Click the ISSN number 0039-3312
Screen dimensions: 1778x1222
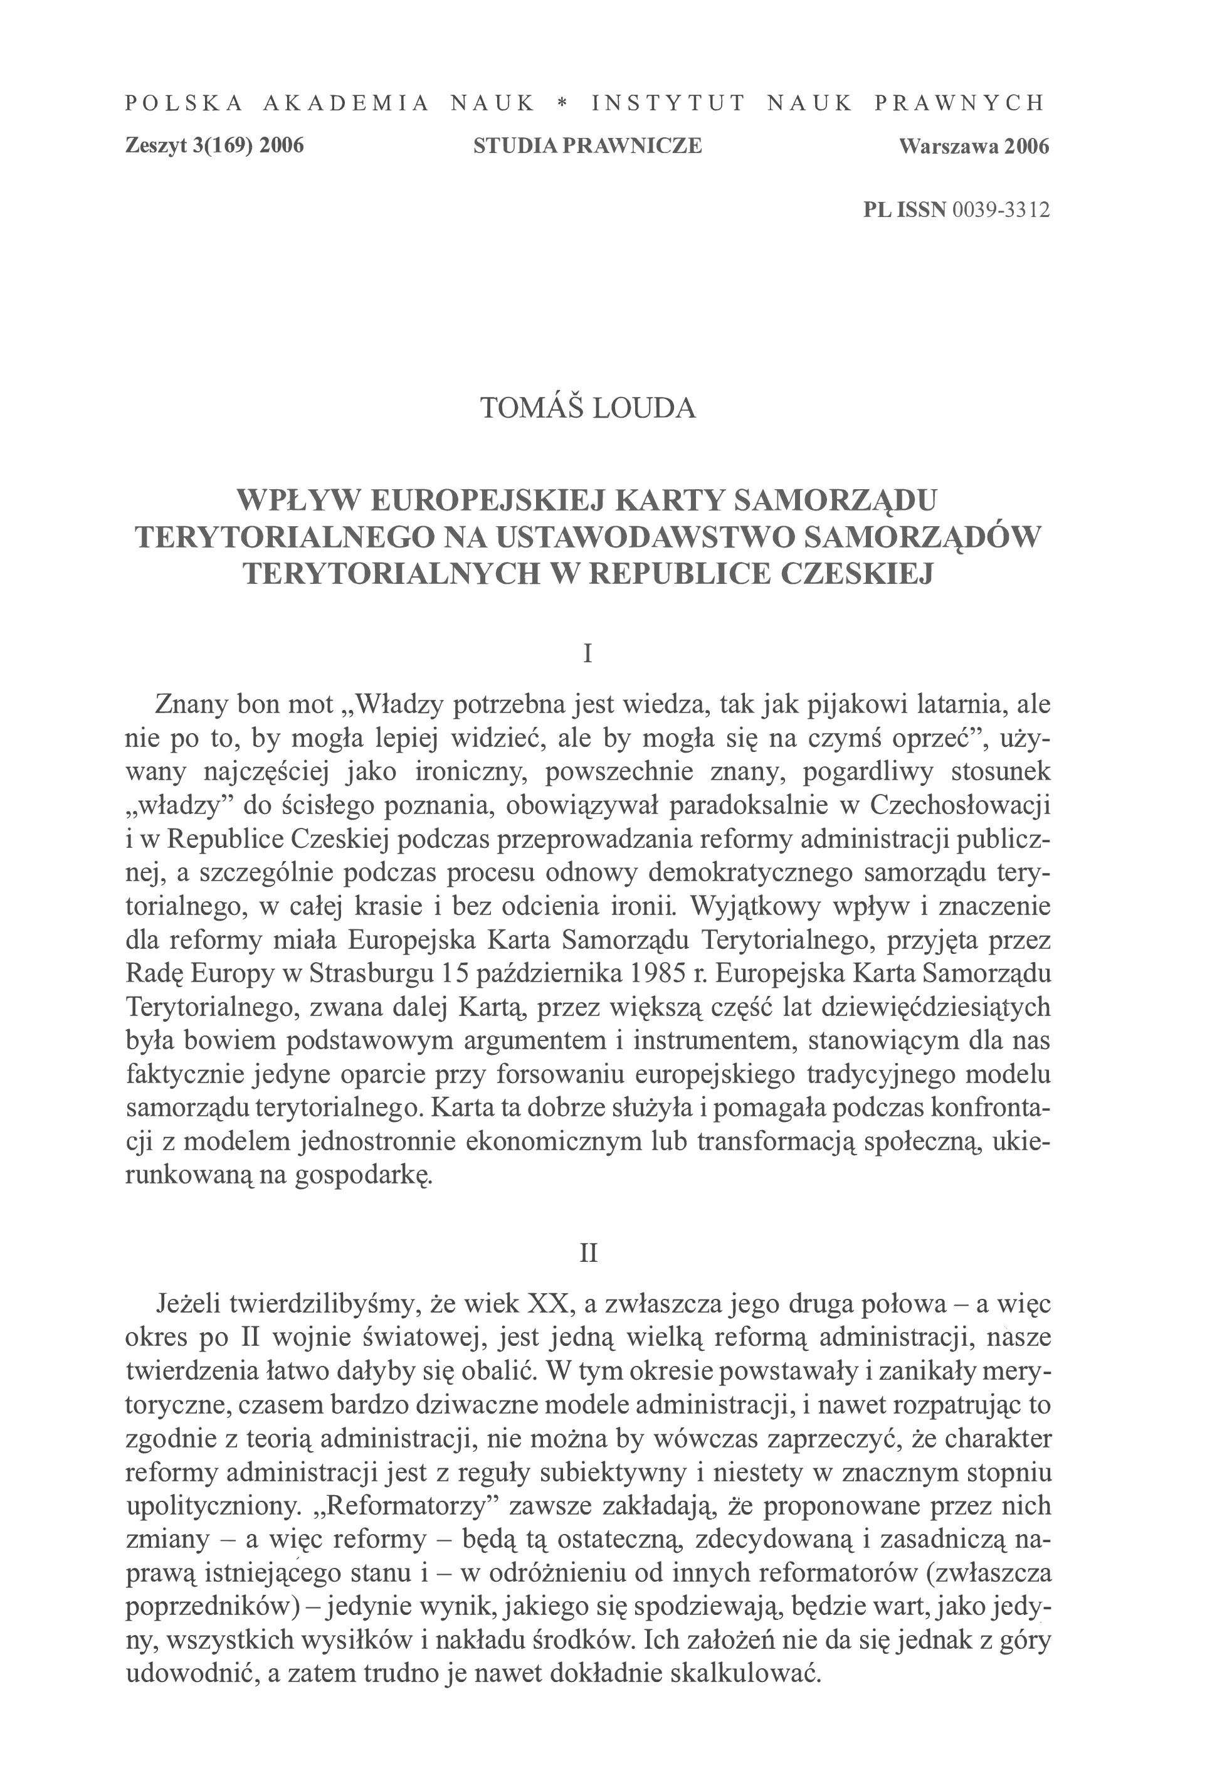point(1000,210)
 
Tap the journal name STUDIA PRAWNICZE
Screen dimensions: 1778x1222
point(587,146)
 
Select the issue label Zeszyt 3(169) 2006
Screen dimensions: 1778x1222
point(214,146)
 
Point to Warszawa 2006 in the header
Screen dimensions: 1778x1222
point(974,146)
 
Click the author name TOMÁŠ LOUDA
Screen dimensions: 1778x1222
point(588,408)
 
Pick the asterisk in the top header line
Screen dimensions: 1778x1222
point(563,103)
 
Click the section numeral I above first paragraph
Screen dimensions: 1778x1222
point(587,653)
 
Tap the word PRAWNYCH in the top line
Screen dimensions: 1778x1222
point(959,103)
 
